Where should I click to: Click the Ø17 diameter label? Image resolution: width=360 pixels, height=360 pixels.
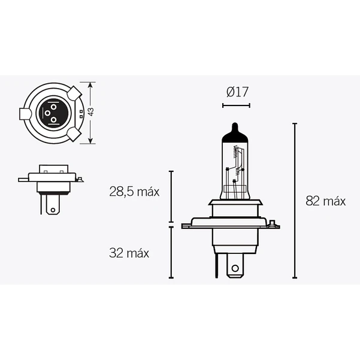[x=237, y=92]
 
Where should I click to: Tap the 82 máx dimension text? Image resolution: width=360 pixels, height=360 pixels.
[x=325, y=201]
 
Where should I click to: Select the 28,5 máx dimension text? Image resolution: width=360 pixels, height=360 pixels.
[x=134, y=192]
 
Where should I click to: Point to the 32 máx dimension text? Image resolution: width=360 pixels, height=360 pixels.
[x=129, y=253]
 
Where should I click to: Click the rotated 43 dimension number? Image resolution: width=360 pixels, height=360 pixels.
[x=91, y=112]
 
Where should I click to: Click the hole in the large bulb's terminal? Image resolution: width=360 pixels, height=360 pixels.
[x=235, y=268]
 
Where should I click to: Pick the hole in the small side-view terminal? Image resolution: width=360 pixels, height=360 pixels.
[x=53, y=210]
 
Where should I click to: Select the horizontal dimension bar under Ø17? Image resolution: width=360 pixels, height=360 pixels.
[x=236, y=105]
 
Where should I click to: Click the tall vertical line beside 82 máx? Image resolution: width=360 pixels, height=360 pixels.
[x=295, y=201]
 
